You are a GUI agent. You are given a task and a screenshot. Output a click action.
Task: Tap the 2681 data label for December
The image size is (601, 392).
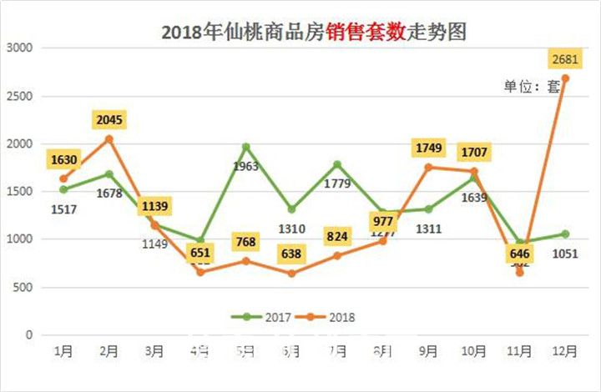pos(564,59)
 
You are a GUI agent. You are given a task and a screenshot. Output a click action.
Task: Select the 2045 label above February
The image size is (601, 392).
pos(109,120)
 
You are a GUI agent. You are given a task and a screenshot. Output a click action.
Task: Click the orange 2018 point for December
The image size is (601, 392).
pos(565,78)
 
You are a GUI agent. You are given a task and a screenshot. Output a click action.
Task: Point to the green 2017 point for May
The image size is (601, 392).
pos(246,147)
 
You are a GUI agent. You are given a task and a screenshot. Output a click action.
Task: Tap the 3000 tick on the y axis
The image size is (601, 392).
pos(18,48)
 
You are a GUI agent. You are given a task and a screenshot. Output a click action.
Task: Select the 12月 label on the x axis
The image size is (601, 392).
pos(565,352)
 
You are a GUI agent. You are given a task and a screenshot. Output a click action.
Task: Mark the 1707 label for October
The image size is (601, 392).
pos(473,153)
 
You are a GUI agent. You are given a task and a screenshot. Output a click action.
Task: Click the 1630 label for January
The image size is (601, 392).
pos(63,160)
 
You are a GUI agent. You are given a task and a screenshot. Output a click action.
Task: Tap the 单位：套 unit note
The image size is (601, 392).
pos(531,86)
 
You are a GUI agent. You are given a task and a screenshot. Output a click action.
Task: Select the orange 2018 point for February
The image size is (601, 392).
pos(109,138)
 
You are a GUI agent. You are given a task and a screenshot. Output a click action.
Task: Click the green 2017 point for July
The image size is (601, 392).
pos(337,164)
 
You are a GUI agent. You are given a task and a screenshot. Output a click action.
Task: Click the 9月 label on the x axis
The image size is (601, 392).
pos(428,352)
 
